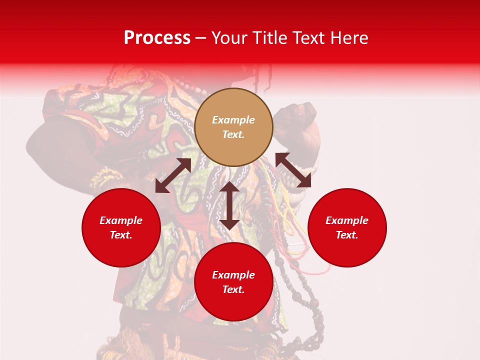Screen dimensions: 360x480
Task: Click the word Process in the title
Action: pyautogui.click(x=157, y=38)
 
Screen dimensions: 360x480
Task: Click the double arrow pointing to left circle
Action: pyautogui.click(x=173, y=175)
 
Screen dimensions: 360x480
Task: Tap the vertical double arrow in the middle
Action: pyautogui.click(x=229, y=205)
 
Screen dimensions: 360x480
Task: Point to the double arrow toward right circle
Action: pyautogui.click(x=293, y=170)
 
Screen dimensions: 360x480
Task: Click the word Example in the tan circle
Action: pyautogui.click(x=233, y=120)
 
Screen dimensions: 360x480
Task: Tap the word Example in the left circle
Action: pyautogui.click(x=121, y=220)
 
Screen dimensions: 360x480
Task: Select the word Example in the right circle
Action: pyautogui.click(x=347, y=220)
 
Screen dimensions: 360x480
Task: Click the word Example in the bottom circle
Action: pyautogui.click(x=233, y=275)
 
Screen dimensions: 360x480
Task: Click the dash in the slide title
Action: pyautogui.click(x=201, y=38)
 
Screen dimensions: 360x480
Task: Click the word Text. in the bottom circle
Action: pyautogui.click(x=233, y=289)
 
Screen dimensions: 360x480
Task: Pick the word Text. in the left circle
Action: pyautogui.click(x=121, y=235)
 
